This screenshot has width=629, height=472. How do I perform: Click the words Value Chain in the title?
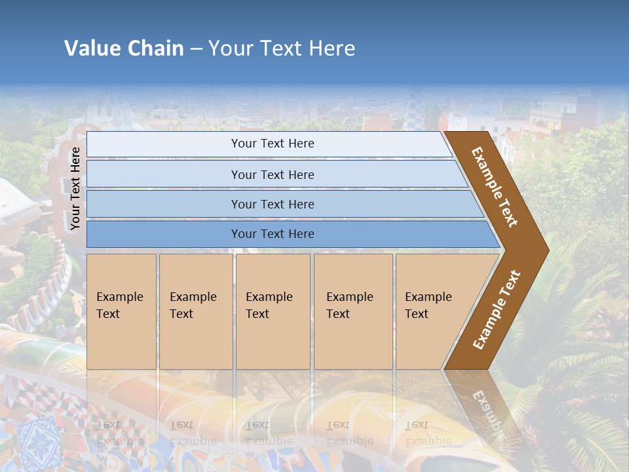pyautogui.click(x=124, y=49)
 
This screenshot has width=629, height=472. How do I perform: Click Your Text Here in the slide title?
pyautogui.click(x=282, y=49)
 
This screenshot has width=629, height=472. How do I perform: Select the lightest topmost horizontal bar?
pyautogui.click(x=269, y=144)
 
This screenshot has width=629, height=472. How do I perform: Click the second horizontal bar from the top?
pyautogui.click(x=275, y=174)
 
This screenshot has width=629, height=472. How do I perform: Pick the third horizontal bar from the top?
pyautogui.click(x=282, y=204)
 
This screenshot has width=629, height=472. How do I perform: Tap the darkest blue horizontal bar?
pyautogui.click(x=288, y=234)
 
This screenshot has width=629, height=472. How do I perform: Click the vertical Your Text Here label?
pyautogui.click(x=75, y=188)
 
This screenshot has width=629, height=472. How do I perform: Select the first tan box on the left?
pyautogui.click(x=121, y=311)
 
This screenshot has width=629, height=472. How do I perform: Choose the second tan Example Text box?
pyautogui.click(x=196, y=311)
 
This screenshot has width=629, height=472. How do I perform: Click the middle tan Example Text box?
pyautogui.click(x=273, y=311)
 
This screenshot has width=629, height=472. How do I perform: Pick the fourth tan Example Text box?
pyautogui.click(x=353, y=311)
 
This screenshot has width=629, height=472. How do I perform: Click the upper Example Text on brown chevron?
pyautogui.click(x=495, y=187)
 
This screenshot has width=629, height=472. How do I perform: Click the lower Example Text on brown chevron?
pyautogui.click(x=496, y=309)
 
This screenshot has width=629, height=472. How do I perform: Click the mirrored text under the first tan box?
pyautogui.click(x=119, y=433)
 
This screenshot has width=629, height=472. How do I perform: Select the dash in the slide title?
pyautogui.click(x=196, y=49)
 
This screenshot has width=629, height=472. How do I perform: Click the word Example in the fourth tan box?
pyautogui.click(x=349, y=297)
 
